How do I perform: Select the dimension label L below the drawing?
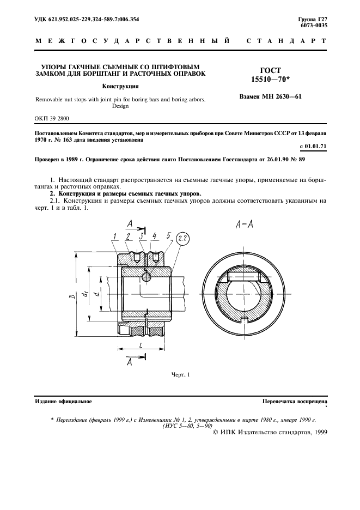coord(141,346)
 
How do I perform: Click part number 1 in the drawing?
coord(115,236)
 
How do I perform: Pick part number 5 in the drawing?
coord(168,235)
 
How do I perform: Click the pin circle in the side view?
coord(146,277)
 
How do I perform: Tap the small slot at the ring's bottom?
coord(247,319)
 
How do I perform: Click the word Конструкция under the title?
coord(120,86)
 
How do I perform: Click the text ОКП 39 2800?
coord(52,118)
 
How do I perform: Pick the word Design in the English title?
coord(120,107)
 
